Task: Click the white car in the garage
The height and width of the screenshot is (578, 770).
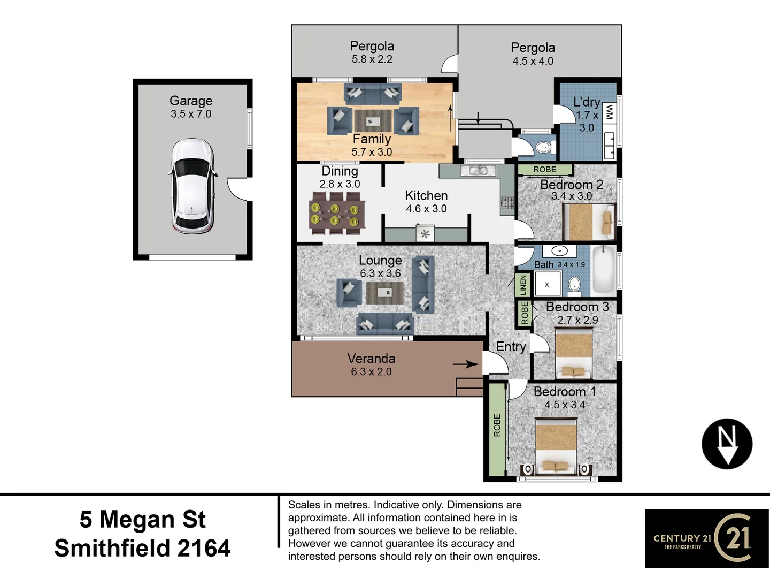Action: pos(192,186)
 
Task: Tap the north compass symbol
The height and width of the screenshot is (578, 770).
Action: pos(727,444)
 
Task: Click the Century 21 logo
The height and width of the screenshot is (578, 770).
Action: pos(706,538)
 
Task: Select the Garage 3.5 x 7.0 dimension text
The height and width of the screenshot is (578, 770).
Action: pos(191,114)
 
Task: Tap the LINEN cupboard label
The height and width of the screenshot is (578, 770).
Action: pos(523,285)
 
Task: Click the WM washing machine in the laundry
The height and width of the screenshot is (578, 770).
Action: pos(609,112)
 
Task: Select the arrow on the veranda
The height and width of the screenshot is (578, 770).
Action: pos(466,364)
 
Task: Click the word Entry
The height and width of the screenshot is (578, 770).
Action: pos(511,347)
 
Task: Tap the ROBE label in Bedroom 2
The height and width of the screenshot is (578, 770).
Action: pos(544,170)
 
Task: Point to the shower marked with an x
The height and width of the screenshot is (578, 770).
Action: pos(547,284)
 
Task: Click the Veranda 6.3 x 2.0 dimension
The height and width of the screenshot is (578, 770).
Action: pos(371,372)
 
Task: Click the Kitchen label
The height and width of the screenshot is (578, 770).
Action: pos(426,195)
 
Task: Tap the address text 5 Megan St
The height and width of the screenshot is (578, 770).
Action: pos(142,519)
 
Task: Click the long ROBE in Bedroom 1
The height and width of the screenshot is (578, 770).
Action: pos(497,428)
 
